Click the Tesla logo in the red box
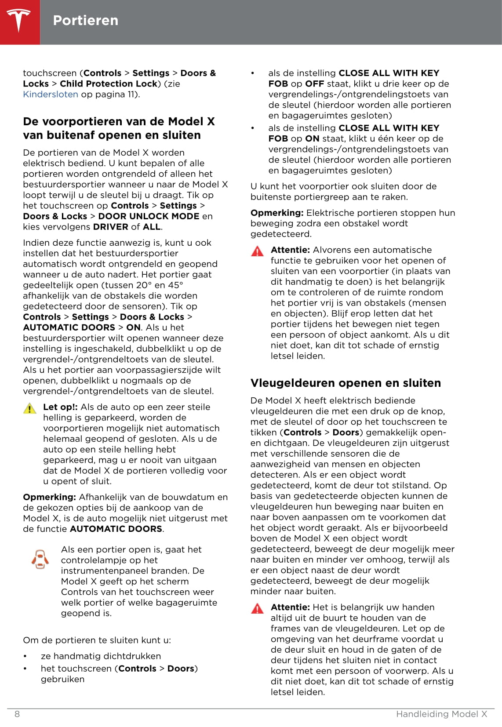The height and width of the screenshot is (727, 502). pyautogui.click(x=18, y=20)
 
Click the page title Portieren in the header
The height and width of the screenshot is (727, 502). pyautogui.click(x=85, y=20)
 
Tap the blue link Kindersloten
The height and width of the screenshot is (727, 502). pyautogui.click(x=50, y=94)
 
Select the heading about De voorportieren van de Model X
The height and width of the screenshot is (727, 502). pyautogui.click(x=118, y=128)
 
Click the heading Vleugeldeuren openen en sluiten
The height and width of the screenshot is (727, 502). pyautogui.click(x=345, y=383)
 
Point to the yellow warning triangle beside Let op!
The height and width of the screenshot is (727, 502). pyautogui.click(x=29, y=408)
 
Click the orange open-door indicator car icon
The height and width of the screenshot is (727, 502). pyautogui.click(x=40, y=559)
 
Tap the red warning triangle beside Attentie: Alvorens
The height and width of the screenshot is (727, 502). pyautogui.click(x=257, y=251)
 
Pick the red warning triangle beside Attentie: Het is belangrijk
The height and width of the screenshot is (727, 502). pyautogui.click(x=257, y=608)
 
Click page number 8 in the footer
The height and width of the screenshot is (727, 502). pyautogui.click(x=17, y=714)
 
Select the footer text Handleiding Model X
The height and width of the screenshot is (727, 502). pyautogui.click(x=441, y=714)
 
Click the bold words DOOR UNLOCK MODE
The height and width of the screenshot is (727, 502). pyautogui.click(x=149, y=216)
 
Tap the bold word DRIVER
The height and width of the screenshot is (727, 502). pyautogui.click(x=110, y=227)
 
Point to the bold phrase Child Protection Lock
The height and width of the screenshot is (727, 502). pyautogui.click(x=108, y=84)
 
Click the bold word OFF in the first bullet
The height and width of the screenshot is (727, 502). pyautogui.click(x=314, y=84)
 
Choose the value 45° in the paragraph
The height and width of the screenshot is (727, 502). pyautogui.click(x=175, y=285)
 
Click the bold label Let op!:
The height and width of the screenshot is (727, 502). pyautogui.click(x=60, y=407)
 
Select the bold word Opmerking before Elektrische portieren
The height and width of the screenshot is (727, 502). pyautogui.click(x=277, y=213)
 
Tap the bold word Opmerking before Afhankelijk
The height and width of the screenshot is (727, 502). pyautogui.click(x=49, y=497)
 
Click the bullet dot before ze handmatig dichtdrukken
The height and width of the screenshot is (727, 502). pyautogui.click(x=25, y=656)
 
